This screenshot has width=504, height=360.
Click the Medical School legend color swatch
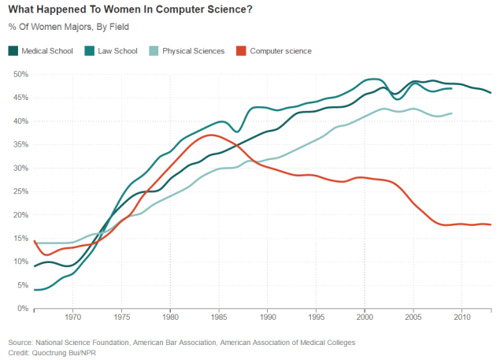click(13, 51)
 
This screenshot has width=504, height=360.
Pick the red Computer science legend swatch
click(242, 51)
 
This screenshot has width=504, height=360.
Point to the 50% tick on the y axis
click(20, 74)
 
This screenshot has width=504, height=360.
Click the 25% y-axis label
click(20, 191)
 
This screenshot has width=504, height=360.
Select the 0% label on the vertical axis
click(22, 309)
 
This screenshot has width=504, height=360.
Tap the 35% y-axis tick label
click(20, 144)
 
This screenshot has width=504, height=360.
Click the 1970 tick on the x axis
click(72, 319)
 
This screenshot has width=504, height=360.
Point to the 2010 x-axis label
click(461, 319)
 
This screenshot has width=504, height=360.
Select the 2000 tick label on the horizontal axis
click(365, 319)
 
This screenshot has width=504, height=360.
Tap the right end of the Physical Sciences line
click(451, 113)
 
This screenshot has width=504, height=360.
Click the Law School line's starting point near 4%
click(35, 290)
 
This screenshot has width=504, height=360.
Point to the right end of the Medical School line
click(491, 92)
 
